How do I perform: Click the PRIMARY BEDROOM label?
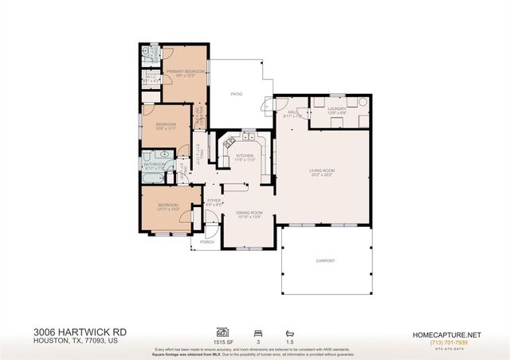185,72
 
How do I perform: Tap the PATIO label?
237,93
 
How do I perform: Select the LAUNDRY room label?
336,108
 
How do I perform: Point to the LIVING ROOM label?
322,170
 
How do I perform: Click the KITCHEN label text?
245,155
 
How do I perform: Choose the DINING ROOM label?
249,213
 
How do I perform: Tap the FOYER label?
214,201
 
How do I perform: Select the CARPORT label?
325,260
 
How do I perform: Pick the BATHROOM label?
154,165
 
